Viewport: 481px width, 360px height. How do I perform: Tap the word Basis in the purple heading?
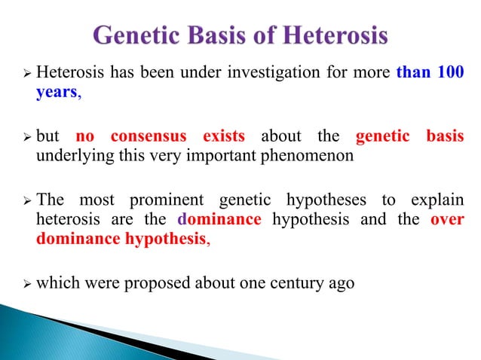pyautogui.click(x=234, y=35)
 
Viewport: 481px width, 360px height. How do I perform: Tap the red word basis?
pyautogui.click(x=443, y=137)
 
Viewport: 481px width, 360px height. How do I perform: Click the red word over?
pyautogui.click(x=447, y=219)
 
